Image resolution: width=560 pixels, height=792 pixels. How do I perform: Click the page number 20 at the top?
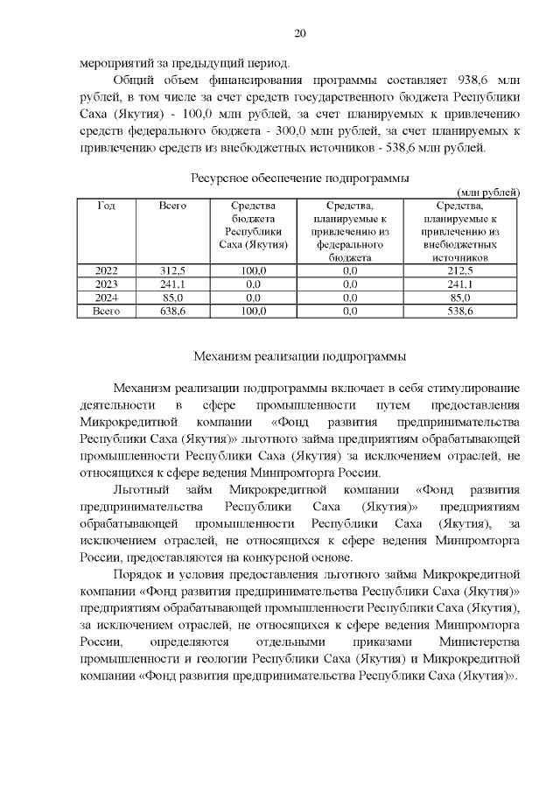coord(299,33)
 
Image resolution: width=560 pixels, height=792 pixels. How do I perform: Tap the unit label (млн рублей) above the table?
coord(489,192)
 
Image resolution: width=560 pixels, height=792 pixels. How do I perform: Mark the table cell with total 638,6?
coord(171,311)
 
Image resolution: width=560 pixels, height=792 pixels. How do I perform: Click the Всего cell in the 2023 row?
coord(171,284)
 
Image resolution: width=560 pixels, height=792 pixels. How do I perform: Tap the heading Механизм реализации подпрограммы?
coord(299,356)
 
